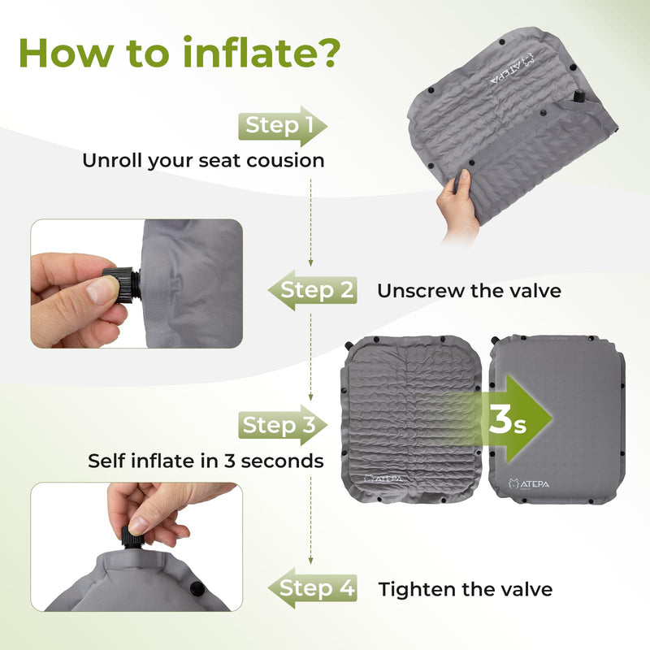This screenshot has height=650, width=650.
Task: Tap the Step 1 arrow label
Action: [280, 126]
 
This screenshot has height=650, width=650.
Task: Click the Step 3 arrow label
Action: [279, 425]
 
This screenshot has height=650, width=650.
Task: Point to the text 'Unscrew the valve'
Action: [469, 290]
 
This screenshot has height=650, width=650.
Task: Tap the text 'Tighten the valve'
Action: [466, 589]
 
